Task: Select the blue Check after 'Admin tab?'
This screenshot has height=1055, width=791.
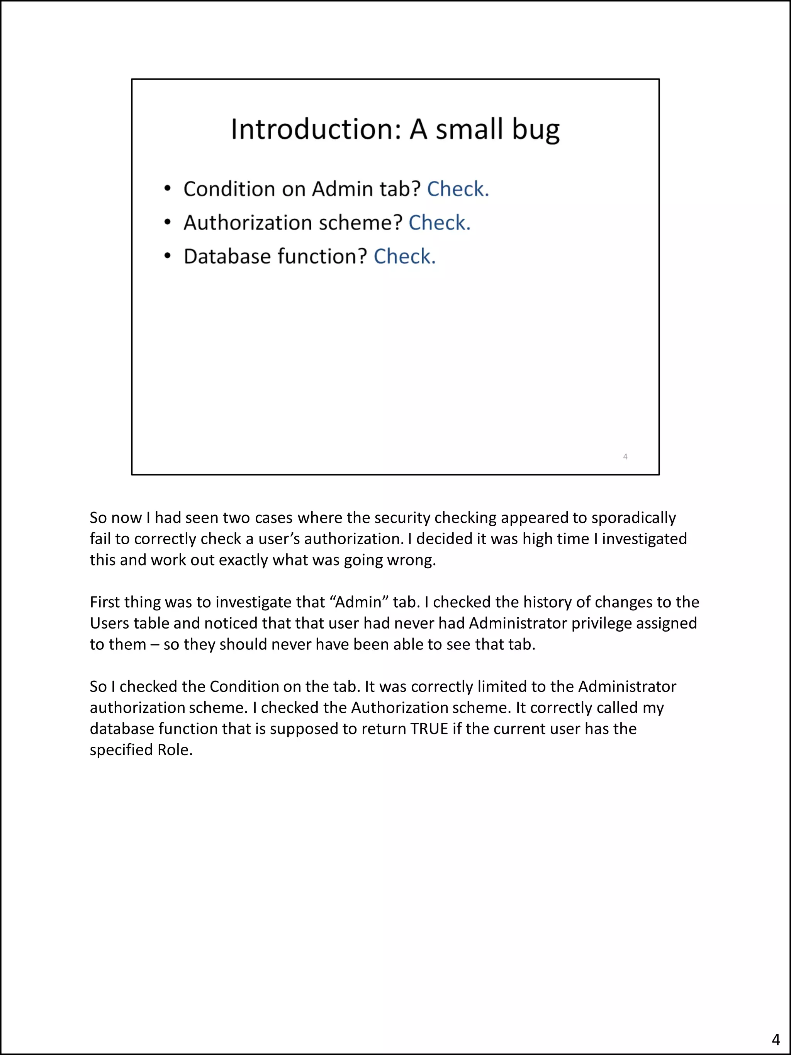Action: tap(458, 189)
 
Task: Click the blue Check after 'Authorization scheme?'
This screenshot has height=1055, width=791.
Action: tap(439, 223)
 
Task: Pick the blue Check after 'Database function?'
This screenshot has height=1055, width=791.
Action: tap(404, 257)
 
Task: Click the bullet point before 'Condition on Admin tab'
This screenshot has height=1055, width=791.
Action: tap(167, 189)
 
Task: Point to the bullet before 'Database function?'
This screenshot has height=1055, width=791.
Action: tap(167, 257)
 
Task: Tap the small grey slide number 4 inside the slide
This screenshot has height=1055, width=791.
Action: tap(625, 457)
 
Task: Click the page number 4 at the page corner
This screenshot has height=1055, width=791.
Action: tap(775, 1039)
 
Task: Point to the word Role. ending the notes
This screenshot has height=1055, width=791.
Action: tap(175, 750)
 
